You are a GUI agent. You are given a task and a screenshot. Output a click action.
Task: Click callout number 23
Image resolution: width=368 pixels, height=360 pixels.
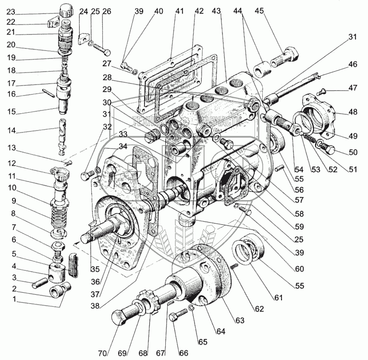point(11,12)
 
